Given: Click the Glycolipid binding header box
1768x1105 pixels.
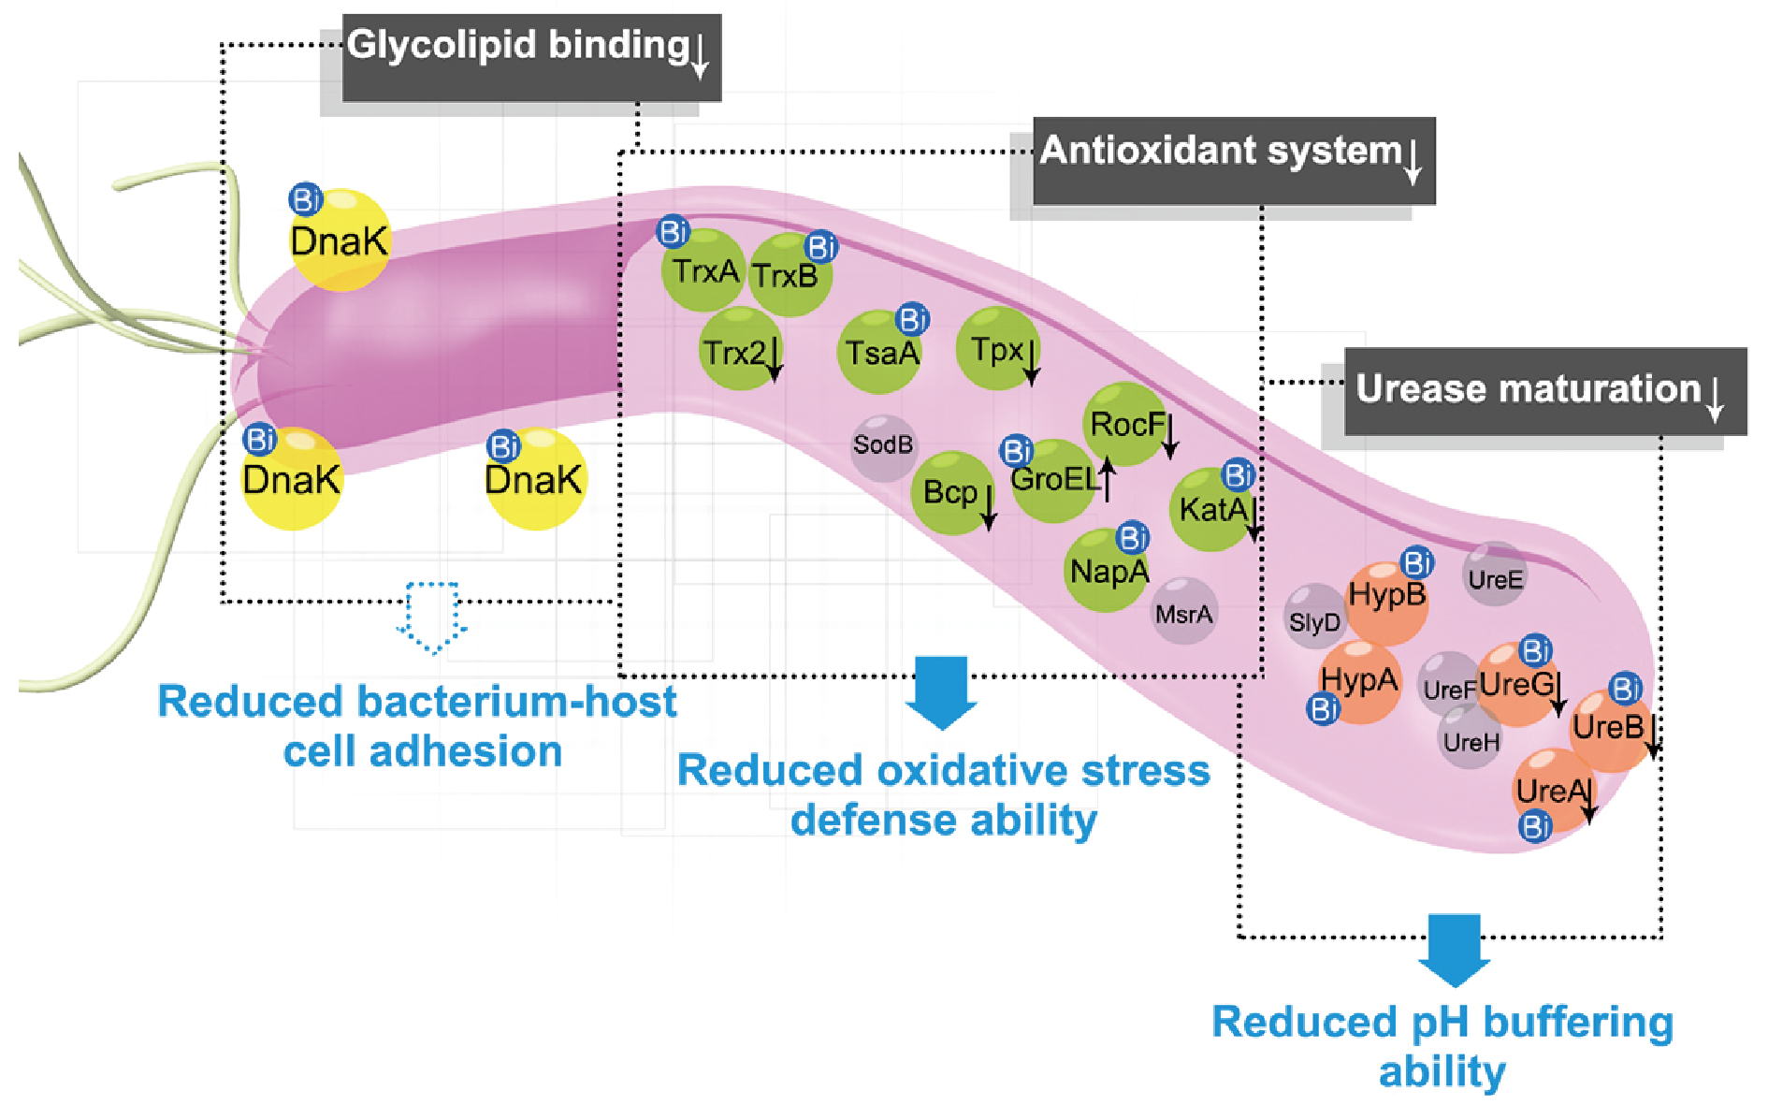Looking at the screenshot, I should pyautogui.click(x=531, y=57).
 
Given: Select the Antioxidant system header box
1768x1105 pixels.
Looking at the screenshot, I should pyautogui.click(x=1233, y=160).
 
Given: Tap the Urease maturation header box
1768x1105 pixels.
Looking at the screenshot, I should pyautogui.click(x=1544, y=391).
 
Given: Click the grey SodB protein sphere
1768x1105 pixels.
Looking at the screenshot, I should pyautogui.click(x=883, y=446).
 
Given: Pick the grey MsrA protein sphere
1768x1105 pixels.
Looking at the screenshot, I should pyautogui.click(x=1184, y=613).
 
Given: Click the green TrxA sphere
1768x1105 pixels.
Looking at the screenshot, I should pyautogui.click(x=703, y=271).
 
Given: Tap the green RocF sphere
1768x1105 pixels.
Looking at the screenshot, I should pyautogui.click(x=1125, y=424).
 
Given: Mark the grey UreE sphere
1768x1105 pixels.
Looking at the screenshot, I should pyautogui.click(x=1495, y=576).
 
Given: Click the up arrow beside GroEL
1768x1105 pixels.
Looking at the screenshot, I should pyautogui.click(x=1108, y=479).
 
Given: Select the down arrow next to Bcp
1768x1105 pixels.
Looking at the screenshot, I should pyautogui.click(x=988, y=506).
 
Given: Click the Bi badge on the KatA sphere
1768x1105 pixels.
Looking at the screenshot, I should pyautogui.click(x=1238, y=475).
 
